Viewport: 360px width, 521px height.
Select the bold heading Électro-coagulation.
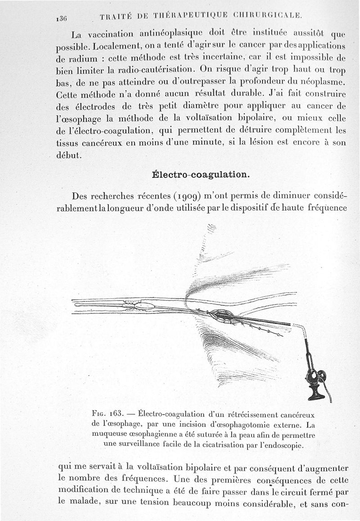coord(200,174)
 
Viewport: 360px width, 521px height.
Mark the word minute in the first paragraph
coord(218,143)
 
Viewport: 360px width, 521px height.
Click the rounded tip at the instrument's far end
coord(77,305)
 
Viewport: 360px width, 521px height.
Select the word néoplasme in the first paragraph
coord(322,82)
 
